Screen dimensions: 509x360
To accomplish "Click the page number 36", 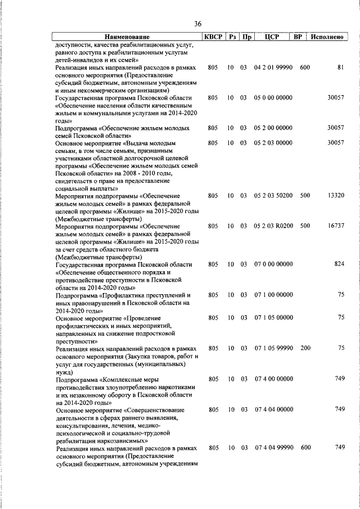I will (197, 24).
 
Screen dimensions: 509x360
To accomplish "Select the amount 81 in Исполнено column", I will (340, 67).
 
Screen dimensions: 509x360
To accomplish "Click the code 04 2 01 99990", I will (273, 67).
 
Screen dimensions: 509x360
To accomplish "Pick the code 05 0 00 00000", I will (273, 98).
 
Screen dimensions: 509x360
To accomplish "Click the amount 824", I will (339, 264).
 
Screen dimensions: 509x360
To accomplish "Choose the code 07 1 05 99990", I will (273, 349).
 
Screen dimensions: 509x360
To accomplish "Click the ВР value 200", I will (305, 349).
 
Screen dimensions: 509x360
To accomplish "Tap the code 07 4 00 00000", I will (273, 379).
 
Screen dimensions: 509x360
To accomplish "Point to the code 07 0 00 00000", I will (273, 264).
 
